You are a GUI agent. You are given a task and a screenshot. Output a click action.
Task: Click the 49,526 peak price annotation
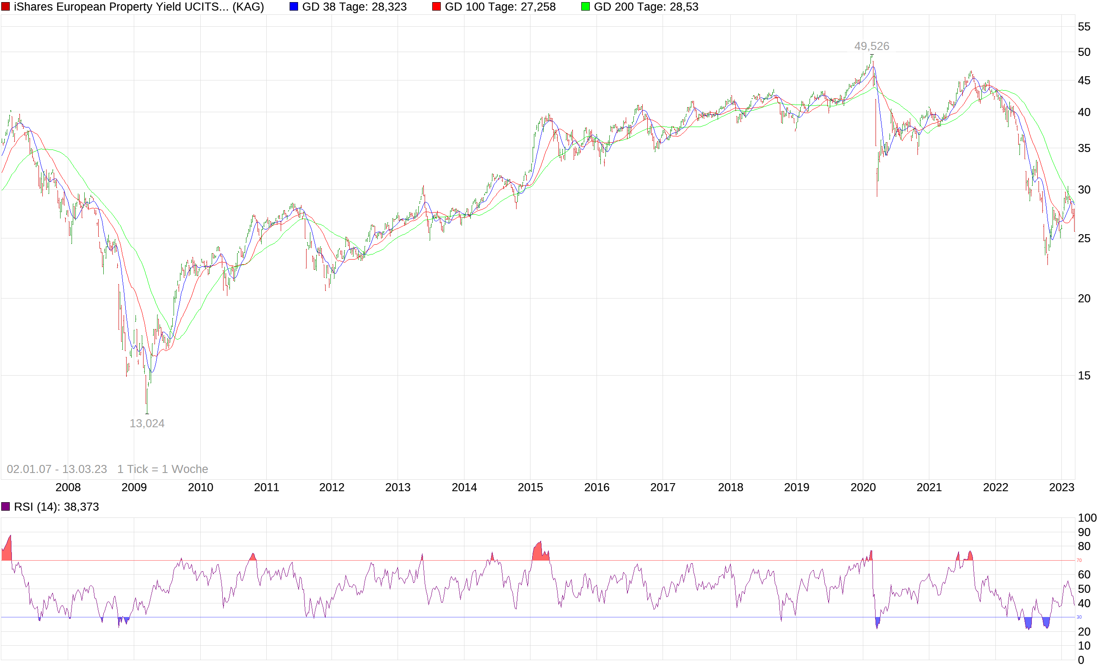[871, 46]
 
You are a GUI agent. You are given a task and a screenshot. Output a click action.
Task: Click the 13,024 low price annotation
[146, 423]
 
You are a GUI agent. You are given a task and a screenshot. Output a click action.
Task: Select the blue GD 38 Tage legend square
[293, 7]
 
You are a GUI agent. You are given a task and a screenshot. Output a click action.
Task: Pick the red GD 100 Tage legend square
[437, 7]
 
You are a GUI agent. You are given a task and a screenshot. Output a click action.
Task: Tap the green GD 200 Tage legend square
[585, 7]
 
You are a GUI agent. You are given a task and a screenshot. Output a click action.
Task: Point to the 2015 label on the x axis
[530, 488]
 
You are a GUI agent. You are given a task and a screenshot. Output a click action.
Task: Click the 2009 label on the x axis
[134, 488]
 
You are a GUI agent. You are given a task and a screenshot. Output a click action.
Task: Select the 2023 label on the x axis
[1061, 488]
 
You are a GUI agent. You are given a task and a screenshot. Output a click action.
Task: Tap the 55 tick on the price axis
[1084, 27]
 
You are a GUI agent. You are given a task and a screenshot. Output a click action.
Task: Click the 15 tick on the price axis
[1084, 376]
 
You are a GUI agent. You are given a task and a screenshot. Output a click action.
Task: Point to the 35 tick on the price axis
[1084, 149]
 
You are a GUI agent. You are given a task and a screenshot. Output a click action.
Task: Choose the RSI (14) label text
[56, 507]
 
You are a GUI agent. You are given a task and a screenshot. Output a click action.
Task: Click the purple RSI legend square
[6, 506]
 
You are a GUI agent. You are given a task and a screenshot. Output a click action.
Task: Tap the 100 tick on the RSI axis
[1087, 517]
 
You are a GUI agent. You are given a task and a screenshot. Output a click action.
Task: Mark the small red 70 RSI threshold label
[1079, 560]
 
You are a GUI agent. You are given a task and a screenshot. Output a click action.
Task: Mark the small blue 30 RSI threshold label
[1079, 617]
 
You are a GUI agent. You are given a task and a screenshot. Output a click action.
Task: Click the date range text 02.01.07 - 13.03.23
[57, 469]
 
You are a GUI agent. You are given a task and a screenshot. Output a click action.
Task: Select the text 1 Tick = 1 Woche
[163, 469]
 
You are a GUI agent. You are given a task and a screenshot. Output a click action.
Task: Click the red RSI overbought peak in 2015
[539, 552]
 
